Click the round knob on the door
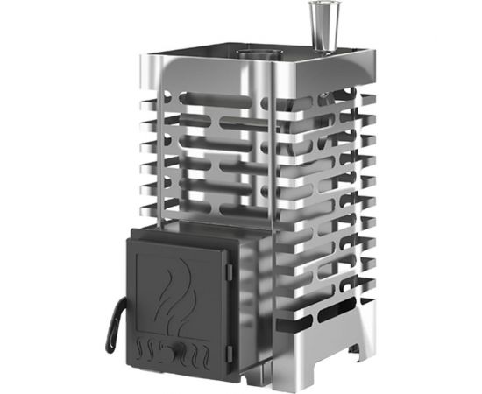pos(181,354)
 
